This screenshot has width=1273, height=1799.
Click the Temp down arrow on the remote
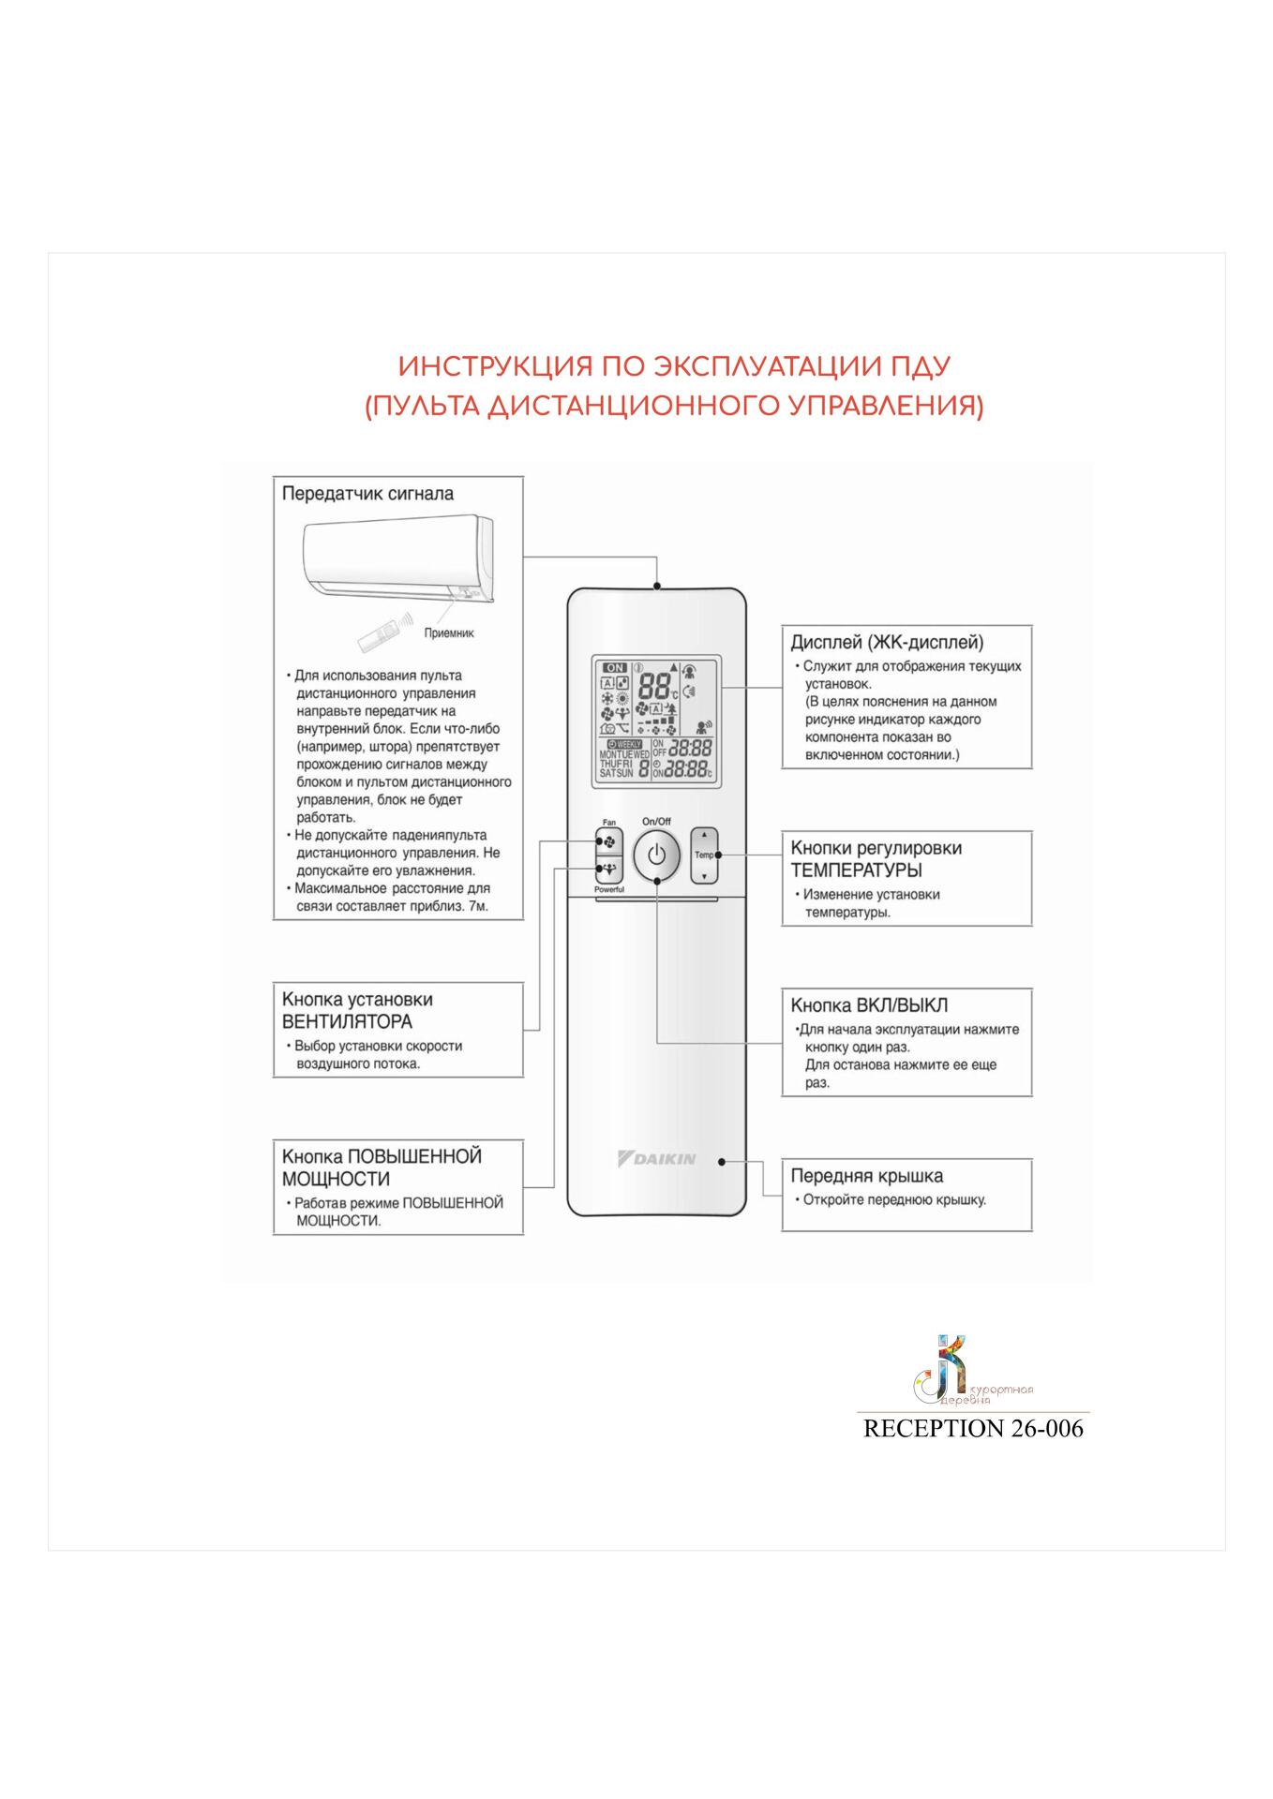(704, 876)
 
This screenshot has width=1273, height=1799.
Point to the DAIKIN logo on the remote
(657, 1159)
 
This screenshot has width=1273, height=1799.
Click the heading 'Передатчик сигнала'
(367, 494)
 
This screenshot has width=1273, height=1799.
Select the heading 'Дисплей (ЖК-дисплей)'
(887, 643)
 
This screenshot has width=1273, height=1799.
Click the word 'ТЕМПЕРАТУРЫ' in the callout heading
(857, 870)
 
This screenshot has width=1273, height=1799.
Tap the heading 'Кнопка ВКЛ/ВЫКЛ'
(869, 1005)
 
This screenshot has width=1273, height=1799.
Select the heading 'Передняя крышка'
(866, 1176)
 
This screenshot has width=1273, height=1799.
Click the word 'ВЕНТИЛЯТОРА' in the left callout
(347, 1022)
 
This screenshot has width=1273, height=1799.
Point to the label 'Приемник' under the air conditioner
(449, 633)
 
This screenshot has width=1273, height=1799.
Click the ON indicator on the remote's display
(615, 667)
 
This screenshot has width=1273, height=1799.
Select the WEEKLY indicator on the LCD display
(623, 743)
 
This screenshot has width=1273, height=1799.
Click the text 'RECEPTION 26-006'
(972, 1428)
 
